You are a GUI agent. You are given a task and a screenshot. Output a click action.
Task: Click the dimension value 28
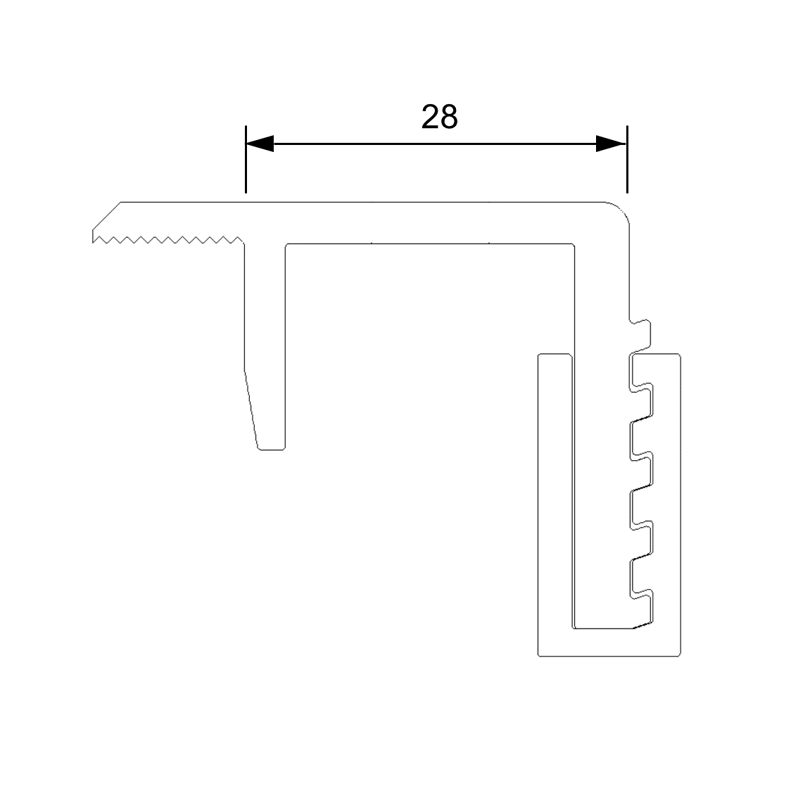coord(439,118)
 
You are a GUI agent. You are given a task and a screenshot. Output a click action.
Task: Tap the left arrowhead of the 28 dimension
coord(259,144)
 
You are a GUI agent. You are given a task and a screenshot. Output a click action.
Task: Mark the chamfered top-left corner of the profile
coord(106,215)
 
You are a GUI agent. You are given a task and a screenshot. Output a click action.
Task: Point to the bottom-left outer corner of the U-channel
coord(540,654)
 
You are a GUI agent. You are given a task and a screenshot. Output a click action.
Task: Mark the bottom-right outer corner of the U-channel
coord(678,654)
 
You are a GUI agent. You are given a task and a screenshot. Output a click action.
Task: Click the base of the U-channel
coord(609,642)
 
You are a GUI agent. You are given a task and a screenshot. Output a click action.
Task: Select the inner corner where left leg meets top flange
coord(286,245)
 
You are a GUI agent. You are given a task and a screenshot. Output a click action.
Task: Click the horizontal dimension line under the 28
coord(436,144)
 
